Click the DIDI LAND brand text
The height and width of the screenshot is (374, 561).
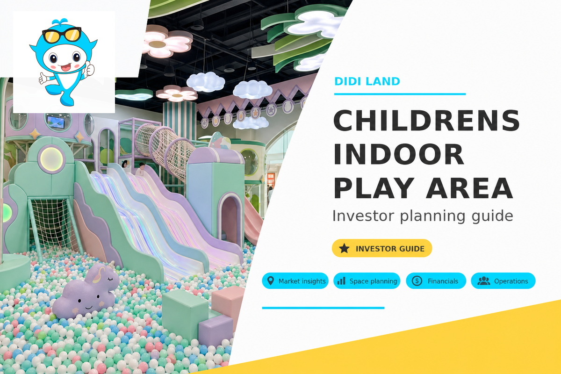(367, 81)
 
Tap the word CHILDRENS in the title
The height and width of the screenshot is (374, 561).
(427, 121)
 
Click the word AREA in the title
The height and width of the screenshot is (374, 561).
(469, 188)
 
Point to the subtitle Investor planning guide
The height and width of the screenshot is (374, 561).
(423, 216)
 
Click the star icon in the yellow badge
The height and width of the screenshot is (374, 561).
(344, 248)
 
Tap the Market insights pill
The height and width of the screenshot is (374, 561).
(295, 281)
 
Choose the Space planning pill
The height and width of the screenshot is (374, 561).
(367, 281)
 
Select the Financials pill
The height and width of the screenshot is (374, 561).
(436, 281)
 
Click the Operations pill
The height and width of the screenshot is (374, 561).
(503, 281)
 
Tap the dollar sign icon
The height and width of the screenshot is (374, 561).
(417, 281)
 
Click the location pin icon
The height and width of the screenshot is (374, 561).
(271, 281)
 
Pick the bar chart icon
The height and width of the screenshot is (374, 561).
(341, 281)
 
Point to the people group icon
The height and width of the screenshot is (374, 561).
(483, 281)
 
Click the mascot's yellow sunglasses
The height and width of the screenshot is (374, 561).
(62, 35)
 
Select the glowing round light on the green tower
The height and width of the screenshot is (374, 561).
(51, 159)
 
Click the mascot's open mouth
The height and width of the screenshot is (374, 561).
(65, 67)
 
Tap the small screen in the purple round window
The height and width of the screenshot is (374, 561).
(56, 122)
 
